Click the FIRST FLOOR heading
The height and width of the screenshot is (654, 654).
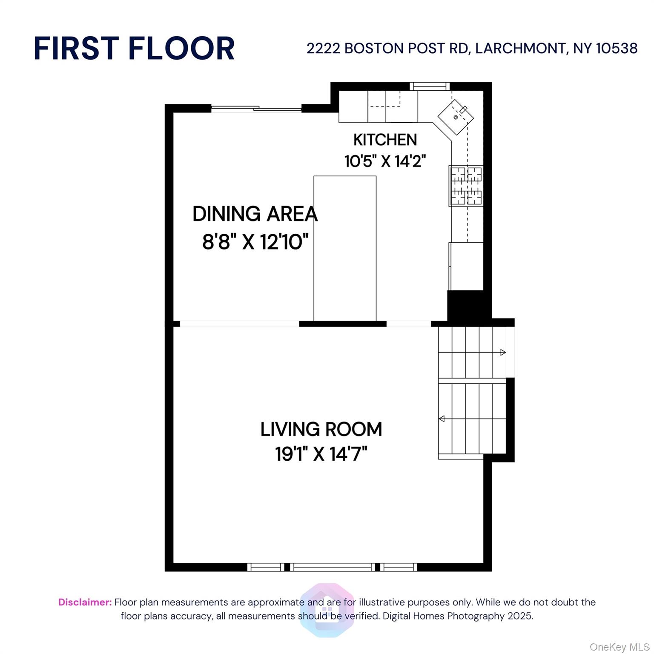coord(134,48)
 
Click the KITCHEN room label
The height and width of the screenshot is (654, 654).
coord(385,140)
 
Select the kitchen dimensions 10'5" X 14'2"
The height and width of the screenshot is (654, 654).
coord(385,161)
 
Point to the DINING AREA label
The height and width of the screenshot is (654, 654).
coord(255,214)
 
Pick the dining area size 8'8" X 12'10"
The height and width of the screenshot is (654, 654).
coord(255,242)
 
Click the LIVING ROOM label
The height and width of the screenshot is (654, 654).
coord(321,429)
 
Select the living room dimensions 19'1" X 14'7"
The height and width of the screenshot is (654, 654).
coord(321,454)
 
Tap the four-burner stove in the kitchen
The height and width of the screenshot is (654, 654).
coord(466,186)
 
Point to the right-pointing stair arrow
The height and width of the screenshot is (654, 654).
coord(502,352)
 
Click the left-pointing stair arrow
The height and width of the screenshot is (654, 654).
coord(442,419)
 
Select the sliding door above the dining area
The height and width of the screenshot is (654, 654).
coord(256,109)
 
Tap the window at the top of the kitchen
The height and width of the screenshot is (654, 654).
coord(429,86)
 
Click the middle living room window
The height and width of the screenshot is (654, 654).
coord(332,567)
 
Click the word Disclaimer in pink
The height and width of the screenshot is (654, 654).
coord(85,602)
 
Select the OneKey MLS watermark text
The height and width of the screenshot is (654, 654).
coord(619,647)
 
